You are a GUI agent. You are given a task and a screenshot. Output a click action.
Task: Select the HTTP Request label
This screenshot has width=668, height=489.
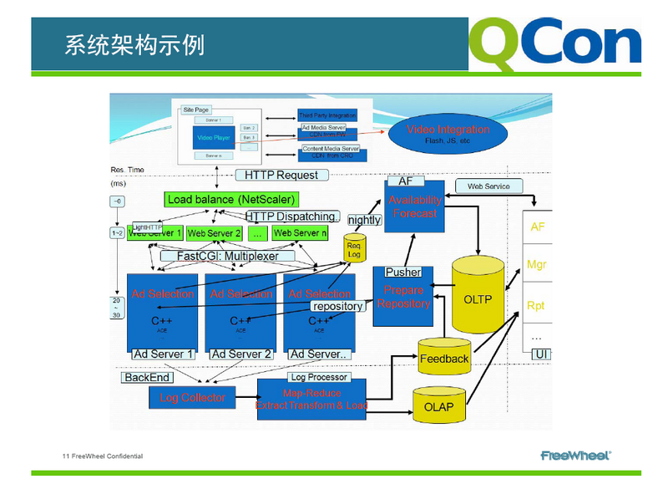(281, 175)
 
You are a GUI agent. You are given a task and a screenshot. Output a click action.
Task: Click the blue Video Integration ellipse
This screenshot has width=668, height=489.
(448, 134)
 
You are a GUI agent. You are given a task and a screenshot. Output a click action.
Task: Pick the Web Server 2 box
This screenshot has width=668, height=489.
(215, 233)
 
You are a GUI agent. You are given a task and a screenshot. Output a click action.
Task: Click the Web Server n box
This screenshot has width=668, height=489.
(300, 233)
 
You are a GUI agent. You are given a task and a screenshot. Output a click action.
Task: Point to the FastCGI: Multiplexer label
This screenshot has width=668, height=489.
(228, 256)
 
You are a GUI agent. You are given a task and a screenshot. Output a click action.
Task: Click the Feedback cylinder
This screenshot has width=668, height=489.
(443, 358)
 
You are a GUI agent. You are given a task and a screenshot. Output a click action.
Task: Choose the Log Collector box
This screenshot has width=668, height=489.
(192, 398)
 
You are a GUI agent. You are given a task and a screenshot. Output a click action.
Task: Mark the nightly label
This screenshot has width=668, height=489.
(364, 219)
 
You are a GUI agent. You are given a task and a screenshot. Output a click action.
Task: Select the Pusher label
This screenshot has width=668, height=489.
(402, 273)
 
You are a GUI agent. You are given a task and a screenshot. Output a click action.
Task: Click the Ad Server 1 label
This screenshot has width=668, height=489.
(163, 354)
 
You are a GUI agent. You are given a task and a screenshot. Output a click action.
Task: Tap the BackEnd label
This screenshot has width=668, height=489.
(147, 378)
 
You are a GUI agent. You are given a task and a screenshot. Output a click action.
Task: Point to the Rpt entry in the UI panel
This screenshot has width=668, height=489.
(536, 306)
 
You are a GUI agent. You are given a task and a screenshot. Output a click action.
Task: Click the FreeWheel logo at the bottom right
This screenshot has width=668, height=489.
(575, 456)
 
